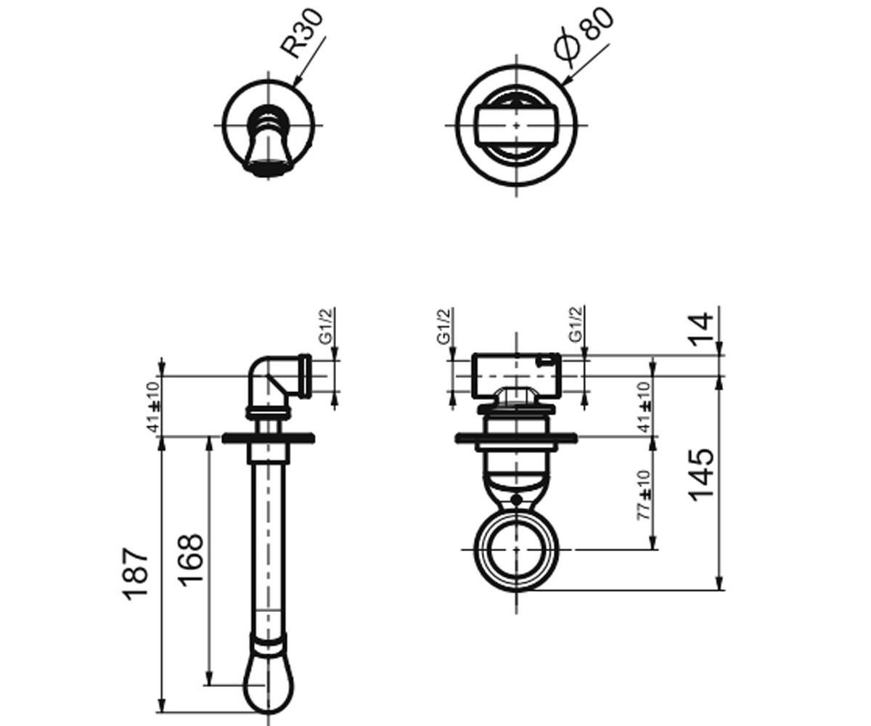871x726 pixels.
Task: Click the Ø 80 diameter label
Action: tap(584, 37)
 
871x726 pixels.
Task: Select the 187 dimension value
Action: tap(136, 574)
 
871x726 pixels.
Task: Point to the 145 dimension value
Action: tap(701, 476)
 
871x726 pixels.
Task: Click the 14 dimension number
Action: tap(701, 330)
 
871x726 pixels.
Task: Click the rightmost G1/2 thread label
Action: tap(576, 325)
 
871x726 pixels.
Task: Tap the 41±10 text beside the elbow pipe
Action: tap(154, 407)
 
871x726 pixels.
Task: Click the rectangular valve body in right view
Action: tap(516, 375)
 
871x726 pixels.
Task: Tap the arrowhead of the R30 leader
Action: tap(298, 81)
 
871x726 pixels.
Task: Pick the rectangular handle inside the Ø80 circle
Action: tap(516, 125)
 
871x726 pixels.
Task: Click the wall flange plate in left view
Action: tap(268, 438)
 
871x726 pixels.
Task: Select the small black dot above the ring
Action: tap(516, 499)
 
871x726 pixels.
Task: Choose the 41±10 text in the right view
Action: tap(645, 407)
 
